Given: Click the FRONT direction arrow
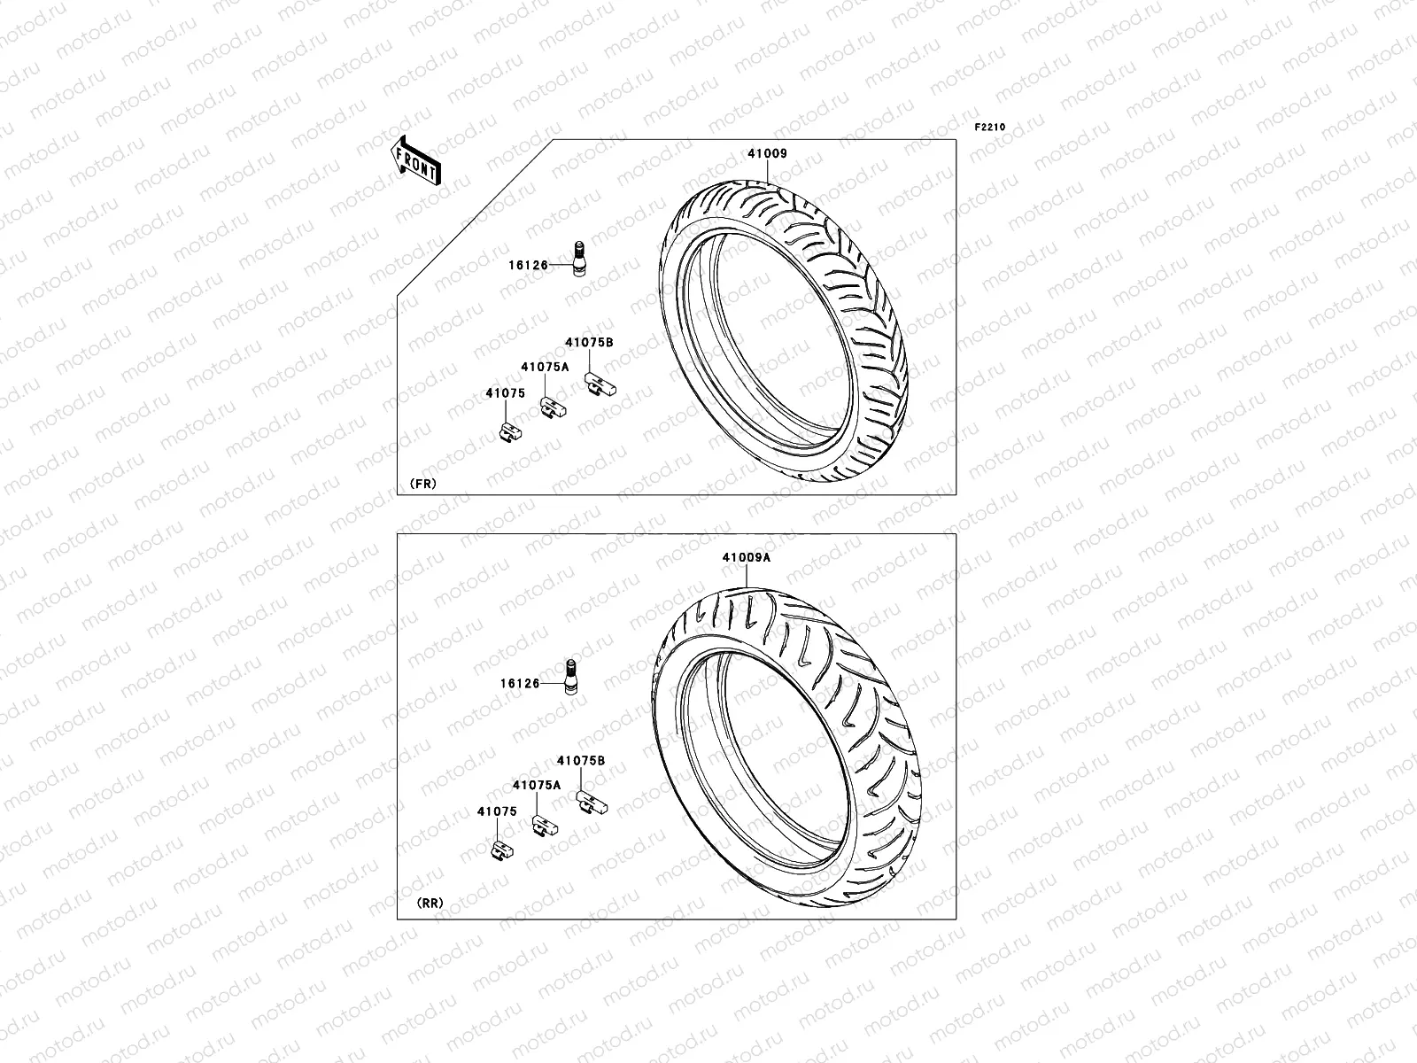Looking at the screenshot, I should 416,161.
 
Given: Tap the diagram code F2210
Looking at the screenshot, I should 990,128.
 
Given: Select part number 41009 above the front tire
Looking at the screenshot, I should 767,153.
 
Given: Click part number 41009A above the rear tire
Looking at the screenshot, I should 746,558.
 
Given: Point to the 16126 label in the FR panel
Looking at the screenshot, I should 528,265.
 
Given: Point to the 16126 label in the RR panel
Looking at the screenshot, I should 519,684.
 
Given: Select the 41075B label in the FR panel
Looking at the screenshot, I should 590,342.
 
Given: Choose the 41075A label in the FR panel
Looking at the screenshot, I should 545,366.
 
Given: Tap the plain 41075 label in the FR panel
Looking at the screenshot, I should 505,393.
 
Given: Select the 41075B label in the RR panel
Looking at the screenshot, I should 581,760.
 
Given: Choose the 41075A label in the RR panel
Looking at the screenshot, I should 536,785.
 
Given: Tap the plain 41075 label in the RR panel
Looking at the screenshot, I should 497,811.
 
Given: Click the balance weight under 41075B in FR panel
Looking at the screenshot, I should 600,385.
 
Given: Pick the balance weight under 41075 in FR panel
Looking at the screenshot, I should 511,432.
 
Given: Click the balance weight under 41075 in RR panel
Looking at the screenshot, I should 501,851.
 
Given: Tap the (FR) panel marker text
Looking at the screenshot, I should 422,484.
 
